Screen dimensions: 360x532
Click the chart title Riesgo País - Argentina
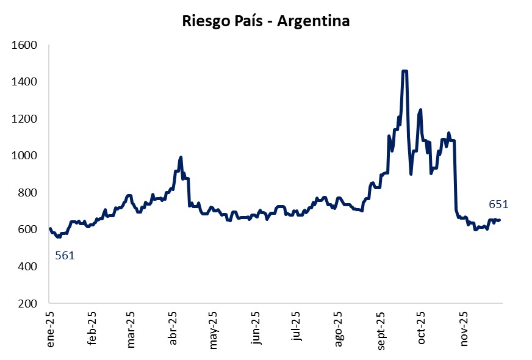(266, 21)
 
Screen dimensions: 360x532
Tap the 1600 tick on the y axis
(26, 45)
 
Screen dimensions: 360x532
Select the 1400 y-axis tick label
(26, 82)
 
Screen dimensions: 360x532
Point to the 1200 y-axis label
(26, 119)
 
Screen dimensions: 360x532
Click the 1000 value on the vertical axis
(26, 156)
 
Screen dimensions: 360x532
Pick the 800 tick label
(29, 193)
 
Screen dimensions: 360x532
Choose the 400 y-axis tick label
(29, 267)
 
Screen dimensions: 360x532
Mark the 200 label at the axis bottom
(29, 303)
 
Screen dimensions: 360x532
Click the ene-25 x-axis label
(51, 329)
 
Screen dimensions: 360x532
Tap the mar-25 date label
(131, 329)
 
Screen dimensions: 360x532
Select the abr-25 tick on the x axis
(173, 329)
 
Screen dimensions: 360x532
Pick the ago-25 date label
(339, 329)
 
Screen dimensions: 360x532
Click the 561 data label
(65, 256)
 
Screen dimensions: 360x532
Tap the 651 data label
(498, 205)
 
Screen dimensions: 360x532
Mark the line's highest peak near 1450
(404, 71)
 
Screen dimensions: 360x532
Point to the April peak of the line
(181, 157)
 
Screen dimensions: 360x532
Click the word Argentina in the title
(314, 21)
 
